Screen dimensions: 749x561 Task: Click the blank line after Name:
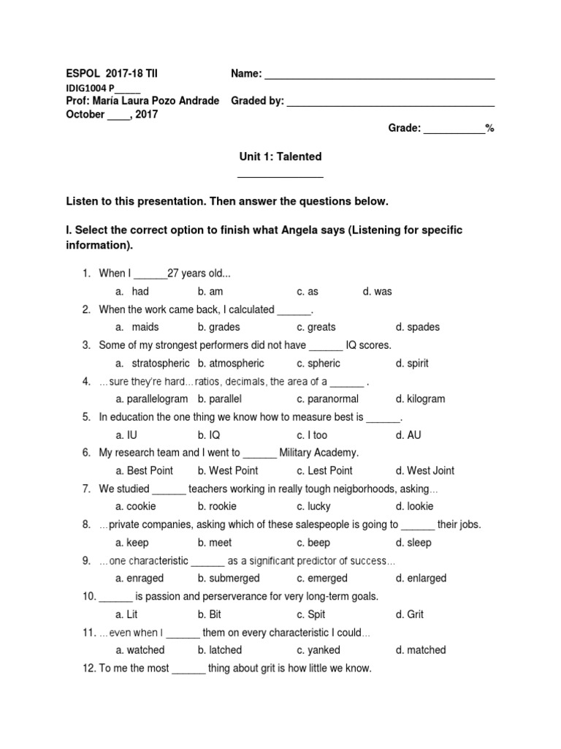[379, 77]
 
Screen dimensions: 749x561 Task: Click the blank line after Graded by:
[390, 104]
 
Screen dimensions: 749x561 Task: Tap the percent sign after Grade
[490, 128]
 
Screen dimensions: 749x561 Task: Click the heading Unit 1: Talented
[280, 157]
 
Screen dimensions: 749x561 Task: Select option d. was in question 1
[377, 291]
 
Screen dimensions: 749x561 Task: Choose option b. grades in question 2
[218, 327]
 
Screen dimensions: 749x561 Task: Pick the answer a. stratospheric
[153, 363]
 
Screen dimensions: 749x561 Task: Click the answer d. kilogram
[420, 399]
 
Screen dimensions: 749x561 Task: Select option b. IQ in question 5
[209, 434]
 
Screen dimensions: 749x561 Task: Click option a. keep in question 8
[132, 543]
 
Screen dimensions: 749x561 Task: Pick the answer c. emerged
[322, 578]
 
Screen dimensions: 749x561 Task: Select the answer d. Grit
[409, 614]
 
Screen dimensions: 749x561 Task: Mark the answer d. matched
[420, 650]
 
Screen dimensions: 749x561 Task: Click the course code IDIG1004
[86, 88]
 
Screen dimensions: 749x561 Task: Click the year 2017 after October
[146, 114]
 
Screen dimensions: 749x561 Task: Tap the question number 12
[88, 668]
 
